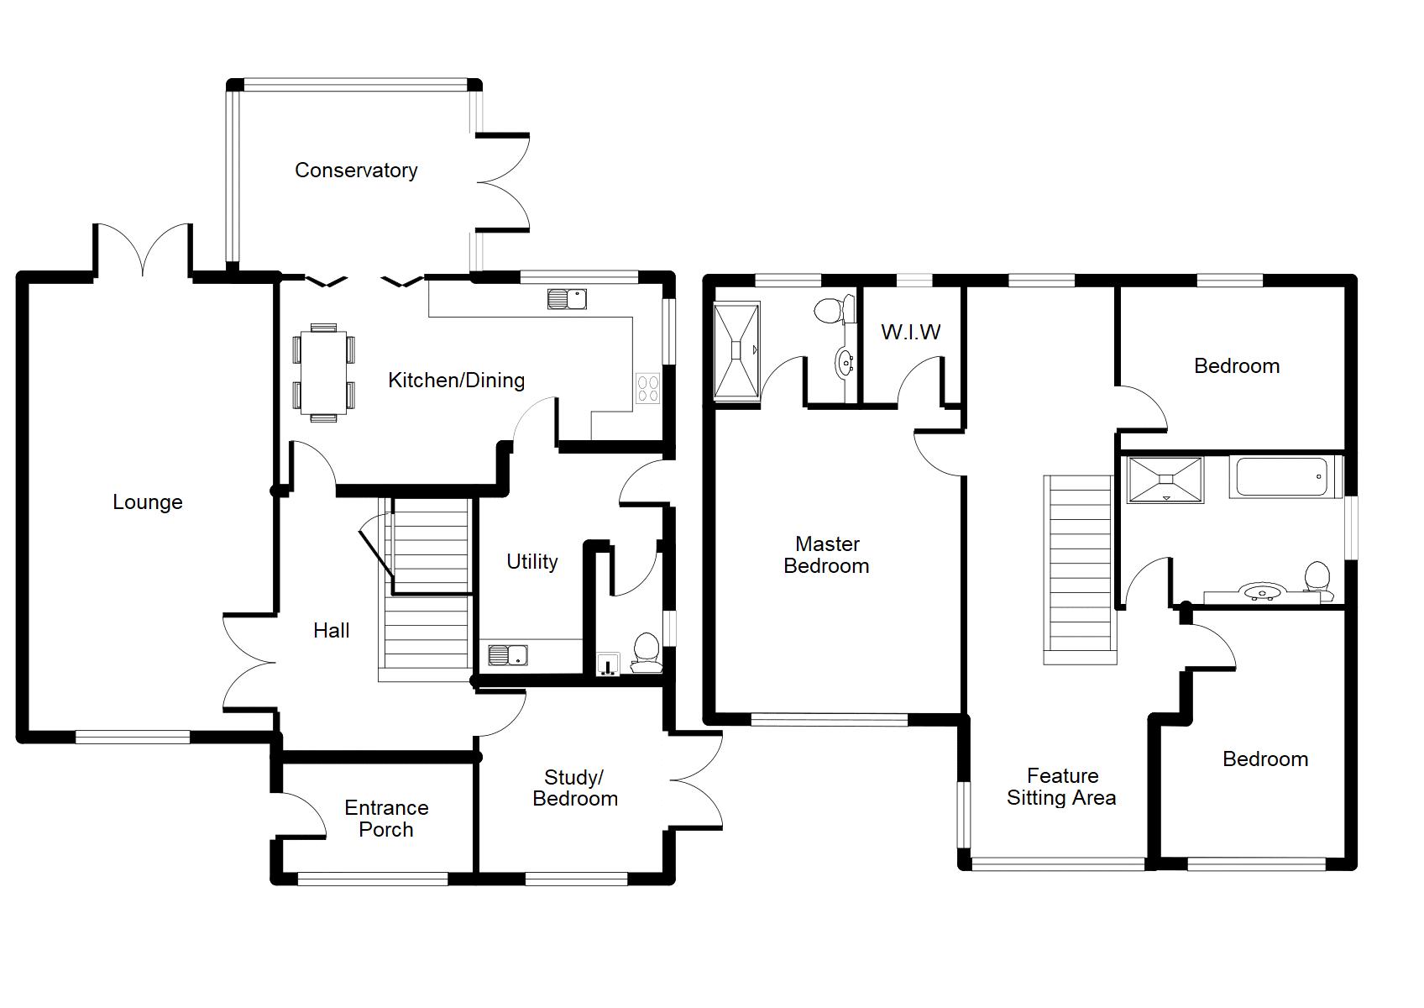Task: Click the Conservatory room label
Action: (356, 171)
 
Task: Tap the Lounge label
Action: (148, 502)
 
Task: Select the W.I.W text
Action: (910, 332)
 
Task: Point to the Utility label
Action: (532, 562)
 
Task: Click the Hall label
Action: (331, 631)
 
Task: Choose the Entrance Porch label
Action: (386, 818)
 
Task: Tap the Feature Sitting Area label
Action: (1061, 787)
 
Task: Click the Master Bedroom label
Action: (826, 554)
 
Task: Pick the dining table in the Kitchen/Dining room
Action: (324, 373)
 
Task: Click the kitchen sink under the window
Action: (567, 299)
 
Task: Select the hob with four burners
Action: (648, 389)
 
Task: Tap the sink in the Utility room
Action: (508, 655)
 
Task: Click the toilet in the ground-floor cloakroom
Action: (646, 653)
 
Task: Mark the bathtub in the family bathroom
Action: (1281, 477)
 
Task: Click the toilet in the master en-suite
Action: (834, 309)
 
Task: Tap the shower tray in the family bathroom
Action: (1165, 480)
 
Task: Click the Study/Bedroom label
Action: (575, 788)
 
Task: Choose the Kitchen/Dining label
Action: (457, 381)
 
